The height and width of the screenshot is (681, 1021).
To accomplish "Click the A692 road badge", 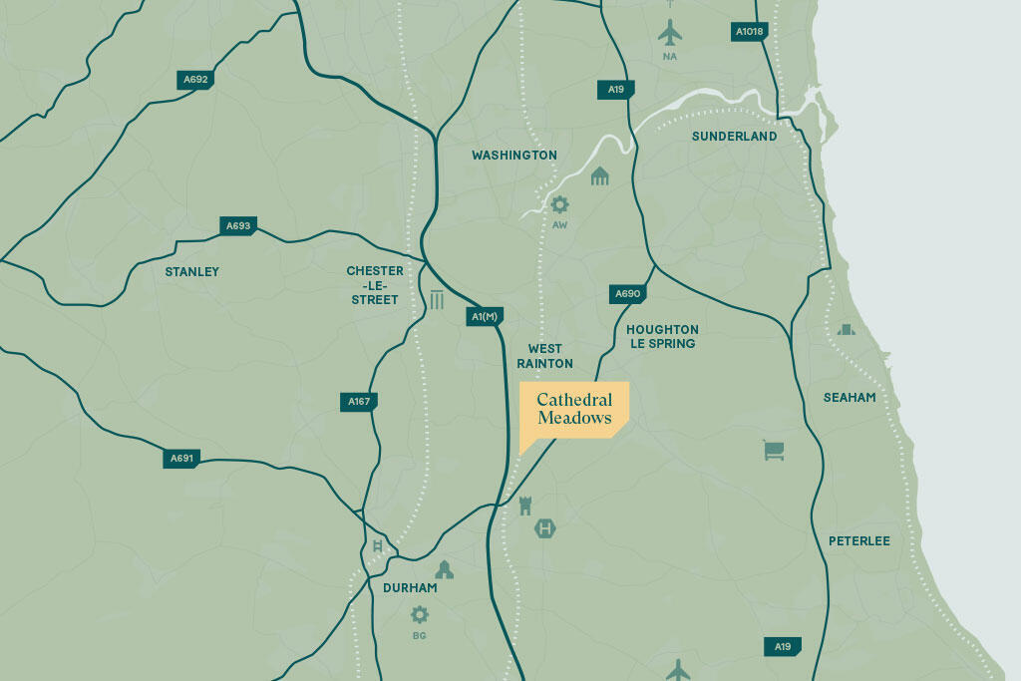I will click(195, 79).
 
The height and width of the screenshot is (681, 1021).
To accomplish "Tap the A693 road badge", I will click(238, 226).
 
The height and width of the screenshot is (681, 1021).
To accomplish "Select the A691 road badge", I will click(181, 459).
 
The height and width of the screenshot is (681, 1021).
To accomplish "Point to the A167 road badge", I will click(359, 402).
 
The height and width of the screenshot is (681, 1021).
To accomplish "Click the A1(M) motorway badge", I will click(484, 317).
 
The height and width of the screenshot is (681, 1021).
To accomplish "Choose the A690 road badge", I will click(627, 294).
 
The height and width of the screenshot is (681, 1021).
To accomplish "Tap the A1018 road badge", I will click(749, 32).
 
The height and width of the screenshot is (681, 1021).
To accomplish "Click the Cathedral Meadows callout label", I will click(574, 409).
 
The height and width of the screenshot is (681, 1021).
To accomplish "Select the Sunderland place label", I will click(734, 136).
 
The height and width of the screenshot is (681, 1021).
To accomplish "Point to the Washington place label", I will click(514, 156).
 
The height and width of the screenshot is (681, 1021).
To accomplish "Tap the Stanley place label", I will click(191, 271).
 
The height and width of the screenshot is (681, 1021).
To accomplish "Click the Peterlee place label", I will click(858, 540).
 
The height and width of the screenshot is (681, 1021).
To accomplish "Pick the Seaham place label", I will click(850, 397).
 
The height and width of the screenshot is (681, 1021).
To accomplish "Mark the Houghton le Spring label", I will click(662, 336).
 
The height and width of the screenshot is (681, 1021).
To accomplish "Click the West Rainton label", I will click(544, 356).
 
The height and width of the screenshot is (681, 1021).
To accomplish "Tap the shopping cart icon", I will click(774, 451).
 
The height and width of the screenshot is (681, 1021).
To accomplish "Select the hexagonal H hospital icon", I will click(544, 527).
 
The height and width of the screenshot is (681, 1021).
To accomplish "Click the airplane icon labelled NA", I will click(670, 32).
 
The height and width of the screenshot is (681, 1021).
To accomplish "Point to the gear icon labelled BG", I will click(420, 614).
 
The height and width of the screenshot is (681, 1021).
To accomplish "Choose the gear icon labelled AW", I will click(559, 204).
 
